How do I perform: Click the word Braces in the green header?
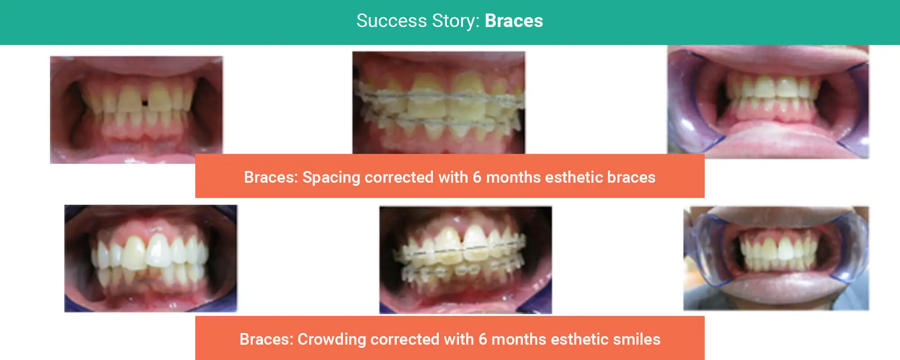coord(514,21)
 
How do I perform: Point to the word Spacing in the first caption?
coord(331,178)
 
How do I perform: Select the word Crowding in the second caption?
coord(332,340)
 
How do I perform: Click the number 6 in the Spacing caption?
coord(477,177)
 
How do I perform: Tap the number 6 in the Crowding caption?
coord(483,339)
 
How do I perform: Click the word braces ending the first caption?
coord(631,177)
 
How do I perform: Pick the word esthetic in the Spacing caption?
coord(574,177)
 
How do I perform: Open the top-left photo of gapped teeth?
coord(136,110)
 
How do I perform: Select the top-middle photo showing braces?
coord(439,103)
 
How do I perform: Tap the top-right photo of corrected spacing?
coord(768,102)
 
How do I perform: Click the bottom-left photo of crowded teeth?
coord(151,258)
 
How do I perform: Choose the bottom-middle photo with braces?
coord(466,260)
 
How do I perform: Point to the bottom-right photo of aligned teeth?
coord(776,258)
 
